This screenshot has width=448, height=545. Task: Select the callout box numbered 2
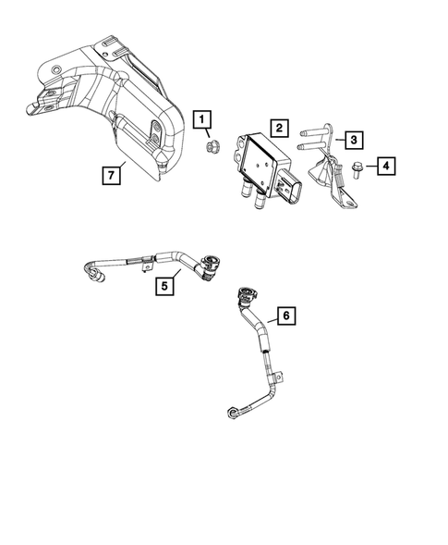(x=278, y=128)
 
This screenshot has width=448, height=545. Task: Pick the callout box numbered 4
(x=385, y=166)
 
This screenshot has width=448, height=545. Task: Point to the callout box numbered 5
(x=163, y=286)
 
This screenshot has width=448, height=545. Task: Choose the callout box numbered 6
(x=286, y=316)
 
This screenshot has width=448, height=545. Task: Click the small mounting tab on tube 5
(x=145, y=268)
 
